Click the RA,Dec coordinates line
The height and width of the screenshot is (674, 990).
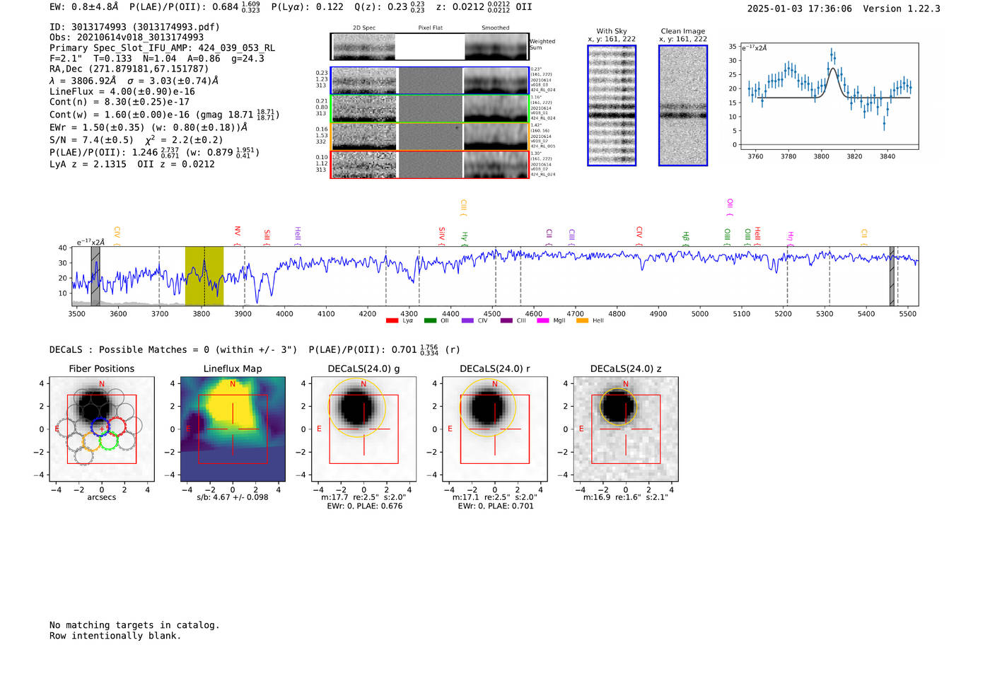129,69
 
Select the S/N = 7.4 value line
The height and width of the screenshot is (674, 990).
91,140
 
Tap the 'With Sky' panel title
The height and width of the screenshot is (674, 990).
611,31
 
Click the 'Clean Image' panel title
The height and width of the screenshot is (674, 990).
682,31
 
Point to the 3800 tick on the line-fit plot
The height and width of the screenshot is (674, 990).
821,156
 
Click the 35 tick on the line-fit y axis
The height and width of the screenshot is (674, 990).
733,47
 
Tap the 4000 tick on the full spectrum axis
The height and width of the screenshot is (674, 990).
284,313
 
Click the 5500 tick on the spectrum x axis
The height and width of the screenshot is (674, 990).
907,313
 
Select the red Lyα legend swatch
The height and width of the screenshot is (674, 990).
392,321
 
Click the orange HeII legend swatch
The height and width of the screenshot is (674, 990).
582,321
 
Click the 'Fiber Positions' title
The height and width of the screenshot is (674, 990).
101,368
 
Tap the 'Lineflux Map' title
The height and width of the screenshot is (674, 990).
232,368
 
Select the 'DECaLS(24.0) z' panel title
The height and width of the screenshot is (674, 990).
625,368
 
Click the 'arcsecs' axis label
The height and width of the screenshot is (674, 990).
101,497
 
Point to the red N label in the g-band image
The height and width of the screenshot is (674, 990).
363,384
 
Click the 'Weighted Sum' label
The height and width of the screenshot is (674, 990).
542,45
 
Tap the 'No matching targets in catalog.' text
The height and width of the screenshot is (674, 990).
134,624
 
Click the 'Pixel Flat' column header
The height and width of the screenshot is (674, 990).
430,28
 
